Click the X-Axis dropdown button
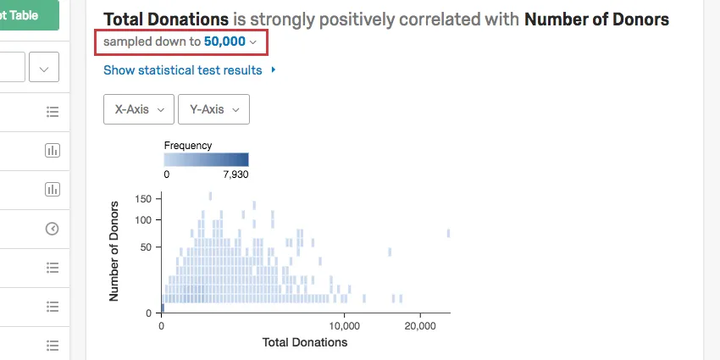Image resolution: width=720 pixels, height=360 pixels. click(138, 109)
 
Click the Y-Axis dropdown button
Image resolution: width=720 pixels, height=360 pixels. click(213, 109)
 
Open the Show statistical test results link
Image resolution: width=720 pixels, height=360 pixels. click(182, 70)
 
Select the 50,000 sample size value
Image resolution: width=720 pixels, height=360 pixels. click(224, 41)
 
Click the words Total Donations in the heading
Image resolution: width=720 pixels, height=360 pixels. click(166, 19)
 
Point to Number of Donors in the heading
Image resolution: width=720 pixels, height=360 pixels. click(597, 19)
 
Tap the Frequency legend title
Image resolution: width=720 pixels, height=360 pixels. click(188, 146)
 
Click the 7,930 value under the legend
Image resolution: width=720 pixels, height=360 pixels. click(233, 174)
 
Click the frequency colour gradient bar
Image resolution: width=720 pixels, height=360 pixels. click(206, 159)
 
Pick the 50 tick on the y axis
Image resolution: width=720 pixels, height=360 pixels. click(145, 247)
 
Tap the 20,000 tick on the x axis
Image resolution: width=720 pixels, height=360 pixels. click(421, 326)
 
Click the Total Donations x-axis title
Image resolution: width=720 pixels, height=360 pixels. click(305, 343)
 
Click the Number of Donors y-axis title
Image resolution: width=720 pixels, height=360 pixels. click(114, 251)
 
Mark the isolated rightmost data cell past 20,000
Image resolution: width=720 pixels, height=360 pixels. click(448, 234)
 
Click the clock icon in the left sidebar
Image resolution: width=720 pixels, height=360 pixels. click(53, 229)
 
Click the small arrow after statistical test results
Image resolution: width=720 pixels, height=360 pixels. click(273, 70)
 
